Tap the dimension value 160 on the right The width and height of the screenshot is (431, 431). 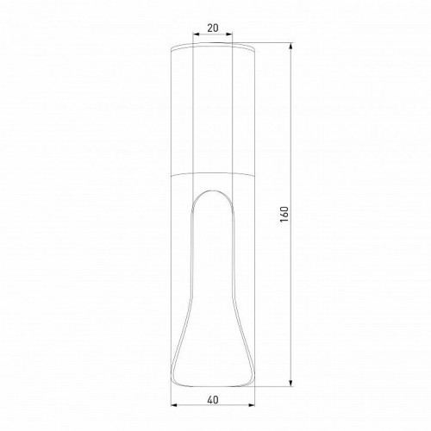point(284,213)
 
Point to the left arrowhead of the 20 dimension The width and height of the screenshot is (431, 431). point(195,36)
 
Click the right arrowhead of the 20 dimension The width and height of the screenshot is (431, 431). point(232,36)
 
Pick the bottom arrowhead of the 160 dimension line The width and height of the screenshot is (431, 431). point(290,385)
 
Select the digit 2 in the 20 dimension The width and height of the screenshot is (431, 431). point(209,28)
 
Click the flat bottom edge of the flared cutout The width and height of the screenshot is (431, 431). point(213,385)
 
